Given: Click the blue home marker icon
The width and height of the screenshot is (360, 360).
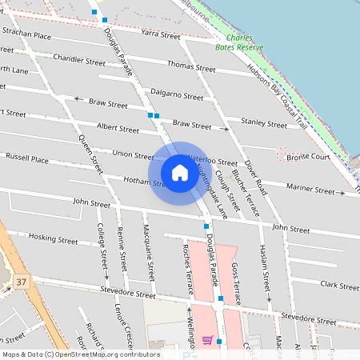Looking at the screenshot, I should point(180,173).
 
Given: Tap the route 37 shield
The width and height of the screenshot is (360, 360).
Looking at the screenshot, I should point(22,282).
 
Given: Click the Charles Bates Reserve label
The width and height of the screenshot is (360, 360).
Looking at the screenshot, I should point(244,42).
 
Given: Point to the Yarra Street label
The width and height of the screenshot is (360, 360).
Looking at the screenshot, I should point(160,35).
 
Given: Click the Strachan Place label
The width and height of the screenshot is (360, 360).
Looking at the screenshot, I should point(26,35).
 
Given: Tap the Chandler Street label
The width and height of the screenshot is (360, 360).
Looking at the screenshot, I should point(78,60).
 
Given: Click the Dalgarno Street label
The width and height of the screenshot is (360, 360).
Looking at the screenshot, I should point(177,94).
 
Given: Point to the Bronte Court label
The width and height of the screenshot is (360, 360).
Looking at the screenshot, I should point(308,157).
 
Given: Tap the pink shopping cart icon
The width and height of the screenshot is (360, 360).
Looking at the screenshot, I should point(207,340).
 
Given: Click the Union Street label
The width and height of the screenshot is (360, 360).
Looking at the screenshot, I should point(133,154).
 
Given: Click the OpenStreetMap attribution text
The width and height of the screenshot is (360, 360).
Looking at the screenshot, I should point(80,354).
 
